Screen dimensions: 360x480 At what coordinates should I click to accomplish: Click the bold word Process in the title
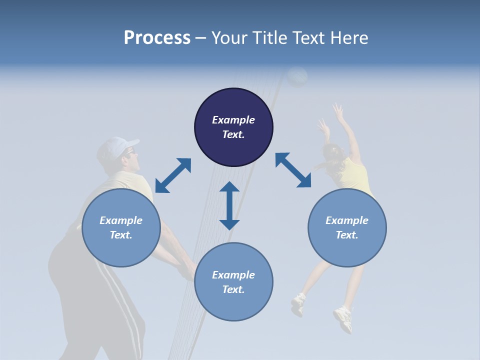pyautogui.click(x=157, y=37)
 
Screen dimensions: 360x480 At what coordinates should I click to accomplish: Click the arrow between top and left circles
pyautogui.click(x=173, y=175)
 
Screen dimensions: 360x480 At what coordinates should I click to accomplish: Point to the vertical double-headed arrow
pyautogui.click(x=229, y=205)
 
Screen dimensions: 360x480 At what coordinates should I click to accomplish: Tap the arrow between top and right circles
pyautogui.click(x=293, y=170)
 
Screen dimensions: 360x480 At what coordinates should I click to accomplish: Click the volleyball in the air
pyautogui.click(x=297, y=76)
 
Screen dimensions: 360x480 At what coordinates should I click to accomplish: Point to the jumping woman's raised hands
pyautogui.click(x=332, y=117)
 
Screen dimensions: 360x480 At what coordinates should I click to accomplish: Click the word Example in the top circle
pyautogui.click(x=233, y=120)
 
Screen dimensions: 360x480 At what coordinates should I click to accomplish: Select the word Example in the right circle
pyautogui.click(x=346, y=220)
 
